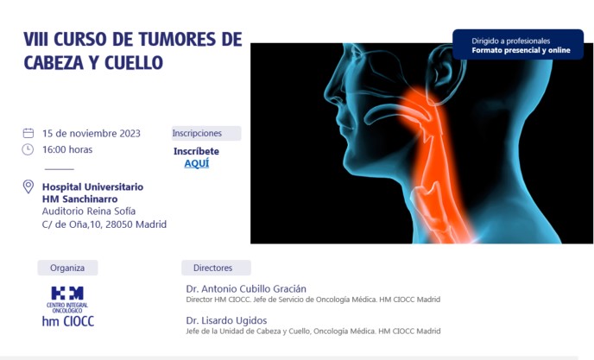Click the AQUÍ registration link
[197, 163]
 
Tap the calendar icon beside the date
[28, 133]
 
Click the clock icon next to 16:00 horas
[28, 149]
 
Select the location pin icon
[28, 186]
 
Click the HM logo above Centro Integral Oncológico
[67, 293]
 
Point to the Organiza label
[67, 268]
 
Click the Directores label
[213, 268]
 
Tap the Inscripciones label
[197, 133]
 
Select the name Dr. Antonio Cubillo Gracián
[246, 288]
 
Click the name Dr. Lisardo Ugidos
[226, 320]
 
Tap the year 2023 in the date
[130, 134]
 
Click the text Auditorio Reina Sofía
[89, 211]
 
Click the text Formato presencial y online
[521, 50]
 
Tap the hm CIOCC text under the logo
[68, 321]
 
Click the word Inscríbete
[196, 151]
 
